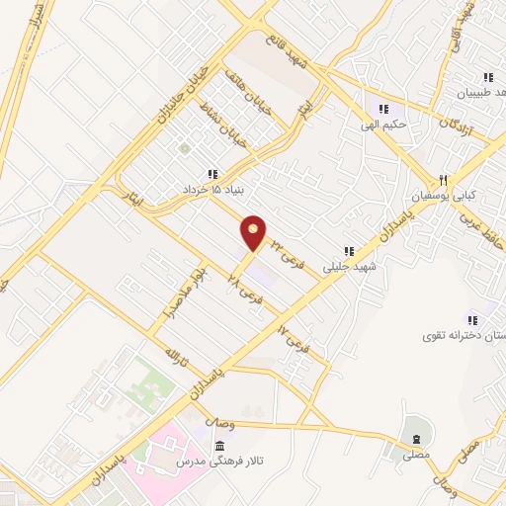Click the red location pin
(x=254, y=232)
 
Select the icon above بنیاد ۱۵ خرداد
(x=211, y=174)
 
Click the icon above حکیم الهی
(x=382, y=109)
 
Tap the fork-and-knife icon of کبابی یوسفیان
(x=445, y=180)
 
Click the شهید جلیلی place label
(x=349, y=266)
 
